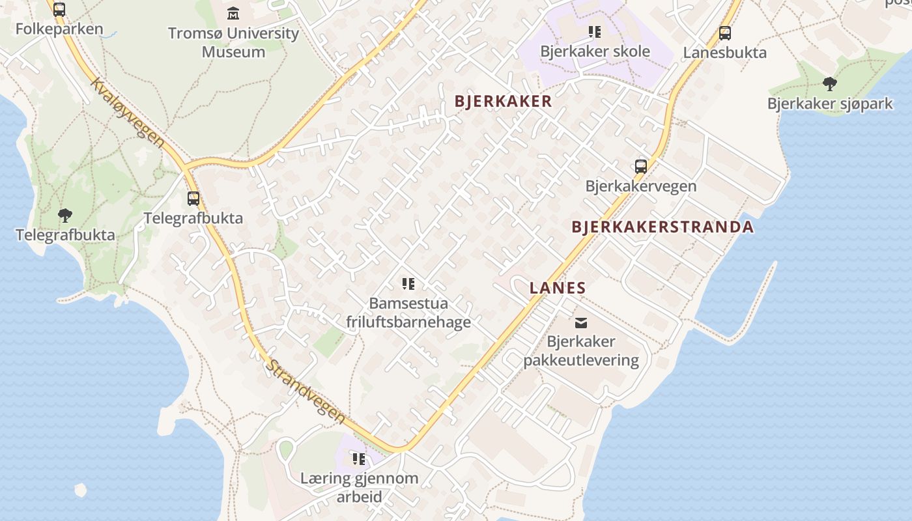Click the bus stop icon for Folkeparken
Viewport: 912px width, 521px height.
click(x=59, y=10)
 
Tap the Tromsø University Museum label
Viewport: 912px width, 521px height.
click(x=233, y=42)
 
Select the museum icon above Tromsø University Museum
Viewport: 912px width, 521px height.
click(x=233, y=14)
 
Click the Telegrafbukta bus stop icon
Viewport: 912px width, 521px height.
click(x=193, y=198)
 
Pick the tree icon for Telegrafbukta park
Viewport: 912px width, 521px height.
click(x=64, y=215)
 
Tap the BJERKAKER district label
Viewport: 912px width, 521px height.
click(x=503, y=102)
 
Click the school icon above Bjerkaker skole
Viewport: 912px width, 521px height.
click(x=594, y=31)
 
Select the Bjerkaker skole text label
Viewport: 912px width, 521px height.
click(x=595, y=51)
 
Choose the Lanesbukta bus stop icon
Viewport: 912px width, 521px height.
click(x=724, y=33)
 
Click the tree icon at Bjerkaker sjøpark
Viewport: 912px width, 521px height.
click(x=829, y=83)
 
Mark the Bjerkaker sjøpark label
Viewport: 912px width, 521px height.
click(x=829, y=104)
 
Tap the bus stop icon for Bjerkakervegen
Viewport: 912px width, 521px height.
click(x=641, y=167)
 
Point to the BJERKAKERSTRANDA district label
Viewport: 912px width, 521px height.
click(x=662, y=227)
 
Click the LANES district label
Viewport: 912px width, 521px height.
click(x=558, y=288)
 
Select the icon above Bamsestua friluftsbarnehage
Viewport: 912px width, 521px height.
click(x=408, y=283)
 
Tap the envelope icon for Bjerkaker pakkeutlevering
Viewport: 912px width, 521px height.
click(x=580, y=322)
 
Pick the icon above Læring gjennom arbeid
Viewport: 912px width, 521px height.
click(x=359, y=459)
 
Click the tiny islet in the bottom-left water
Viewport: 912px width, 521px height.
click(x=81, y=490)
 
